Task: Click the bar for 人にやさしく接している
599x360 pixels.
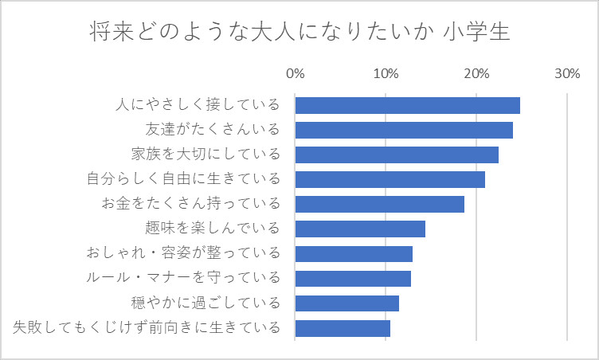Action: tap(407, 105)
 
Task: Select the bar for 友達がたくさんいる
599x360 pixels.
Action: tap(404, 130)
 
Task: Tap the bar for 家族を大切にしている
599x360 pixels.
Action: tap(397, 155)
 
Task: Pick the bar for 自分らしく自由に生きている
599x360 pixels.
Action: tap(390, 179)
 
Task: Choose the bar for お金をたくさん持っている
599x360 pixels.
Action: tap(379, 204)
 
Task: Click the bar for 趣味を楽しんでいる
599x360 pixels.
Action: tap(360, 229)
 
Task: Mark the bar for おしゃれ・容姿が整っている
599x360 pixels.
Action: tap(354, 254)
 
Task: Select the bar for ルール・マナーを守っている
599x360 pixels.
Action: tap(353, 279)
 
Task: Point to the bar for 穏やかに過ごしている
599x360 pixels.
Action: tap(346, 303)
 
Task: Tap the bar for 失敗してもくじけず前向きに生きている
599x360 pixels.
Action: tap(343, 328)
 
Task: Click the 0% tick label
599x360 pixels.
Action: tap(295, 74)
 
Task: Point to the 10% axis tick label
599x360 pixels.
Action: tap(386, 74)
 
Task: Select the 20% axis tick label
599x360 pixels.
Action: tap(476, 74)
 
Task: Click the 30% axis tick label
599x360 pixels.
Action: tap(566, 74)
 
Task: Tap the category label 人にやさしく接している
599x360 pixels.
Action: tap(198, 105)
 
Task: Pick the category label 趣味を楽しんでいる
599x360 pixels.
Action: tap(213, 229)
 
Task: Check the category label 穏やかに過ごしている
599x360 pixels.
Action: tap(206, 303)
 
